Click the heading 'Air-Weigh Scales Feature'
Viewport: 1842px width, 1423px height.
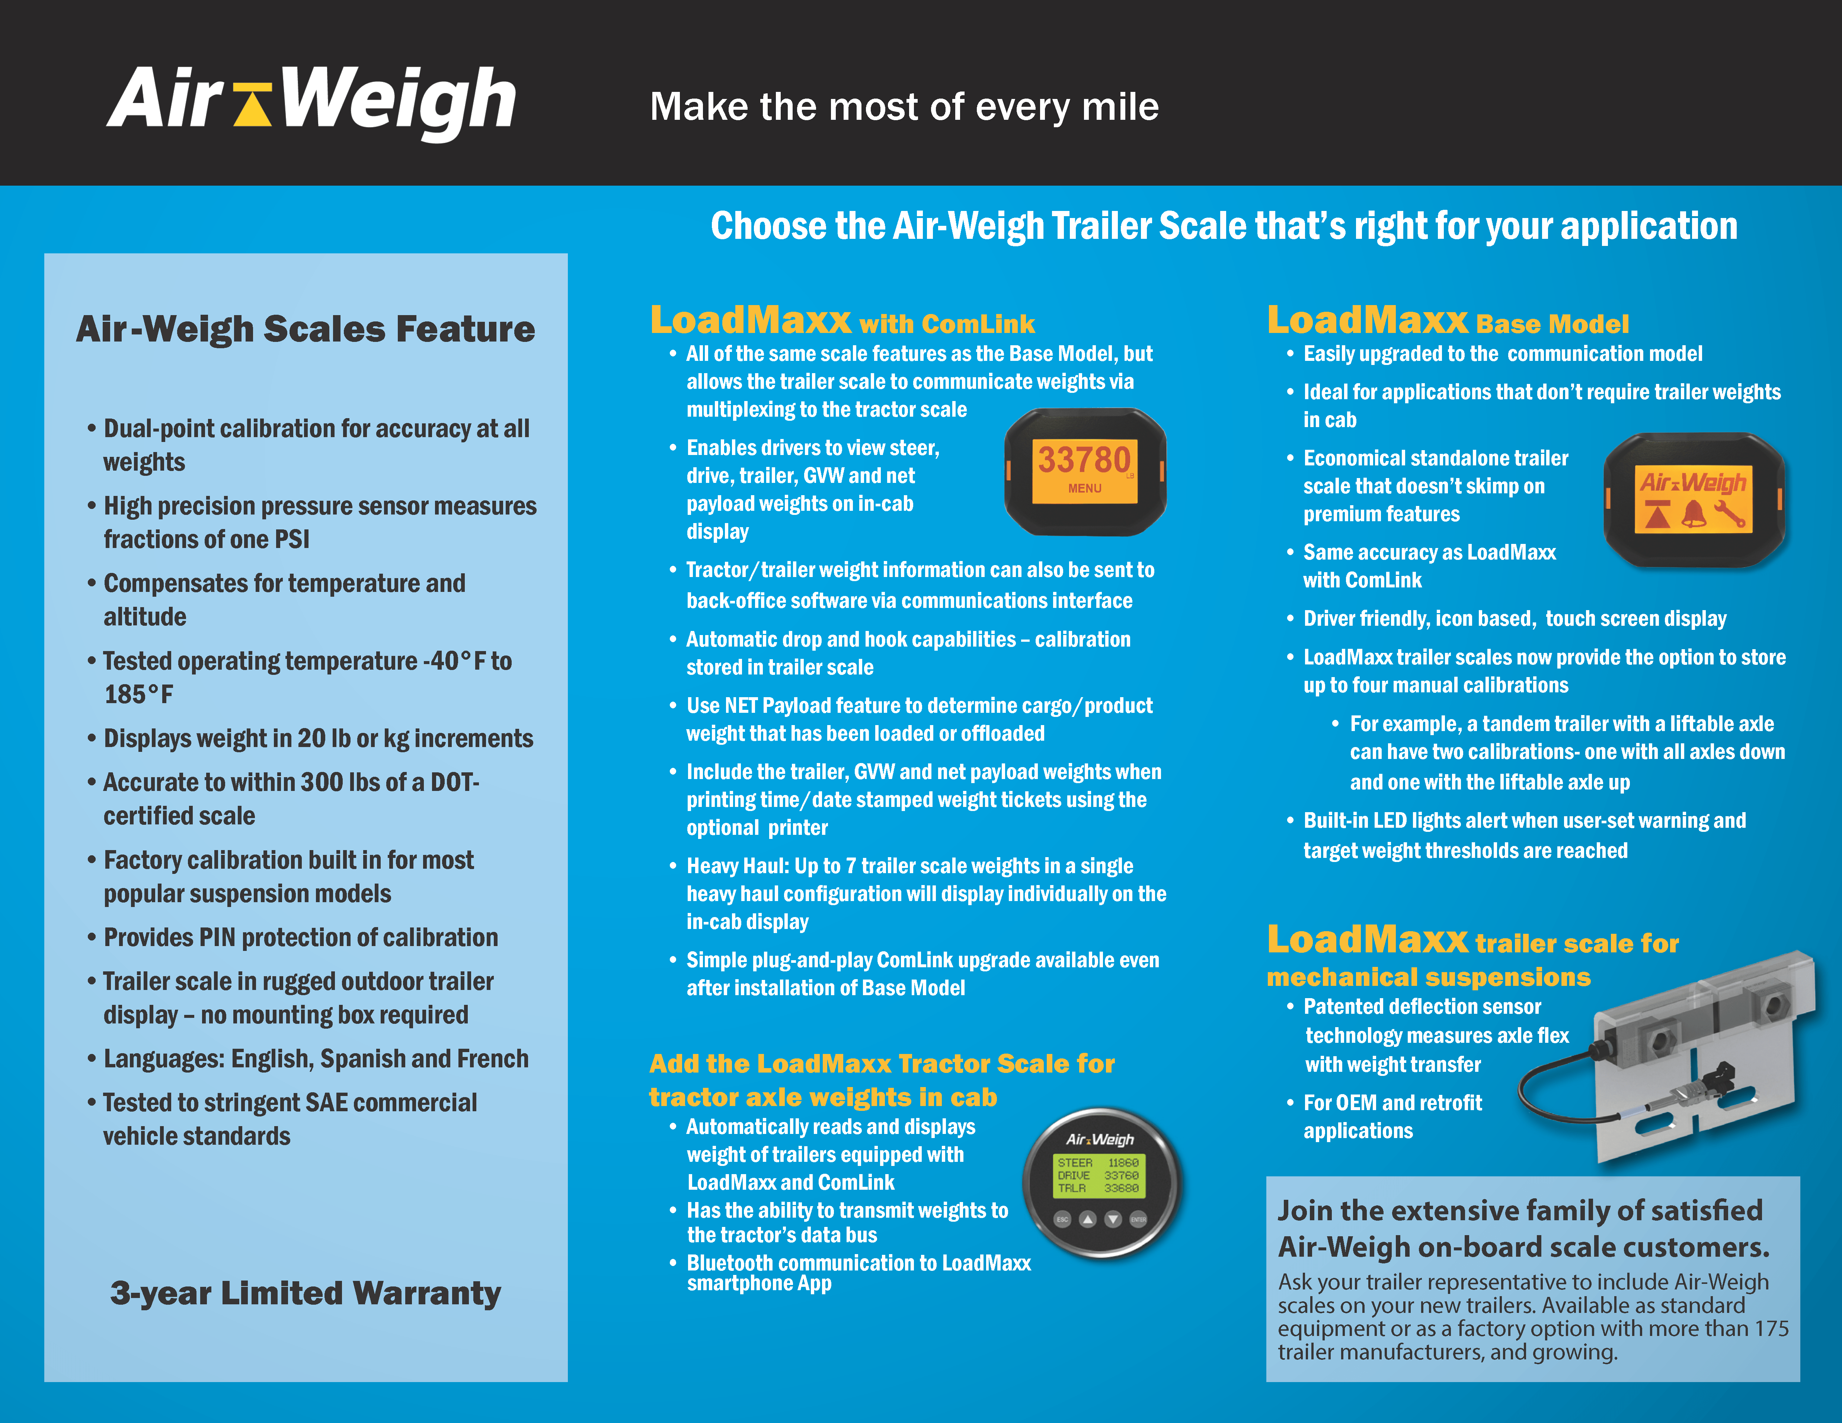tap(305, 329)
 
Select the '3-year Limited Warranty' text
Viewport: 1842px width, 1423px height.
tap(305, 1292)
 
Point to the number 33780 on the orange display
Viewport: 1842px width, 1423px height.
tap(1083, 460)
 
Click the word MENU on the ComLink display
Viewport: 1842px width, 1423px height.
tap(1085, 488)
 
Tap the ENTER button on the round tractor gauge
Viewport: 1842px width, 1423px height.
tap(1139, 1219)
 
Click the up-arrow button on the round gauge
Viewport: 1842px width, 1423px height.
tap(1088, 1219)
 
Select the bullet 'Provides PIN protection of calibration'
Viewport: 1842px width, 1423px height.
tap(300, 938)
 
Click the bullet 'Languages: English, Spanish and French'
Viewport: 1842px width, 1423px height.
tap(316, 1059)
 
